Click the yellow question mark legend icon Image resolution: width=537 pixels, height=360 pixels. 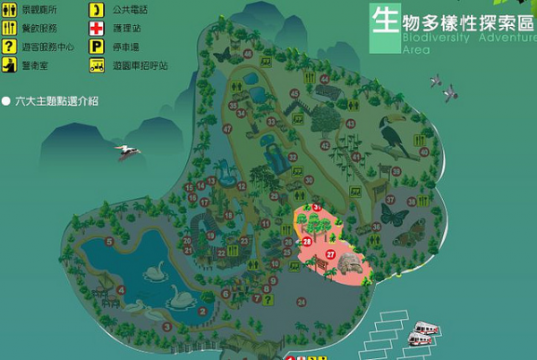coord(9,47)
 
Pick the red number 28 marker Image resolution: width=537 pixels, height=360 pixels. coord(307,242)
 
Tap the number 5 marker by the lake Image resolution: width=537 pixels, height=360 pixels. coord(109,242)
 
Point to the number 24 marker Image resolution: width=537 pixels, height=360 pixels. coord(301,303)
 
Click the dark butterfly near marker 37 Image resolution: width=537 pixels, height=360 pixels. coord(391,215)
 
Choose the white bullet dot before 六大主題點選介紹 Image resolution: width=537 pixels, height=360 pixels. coord(6,102)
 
